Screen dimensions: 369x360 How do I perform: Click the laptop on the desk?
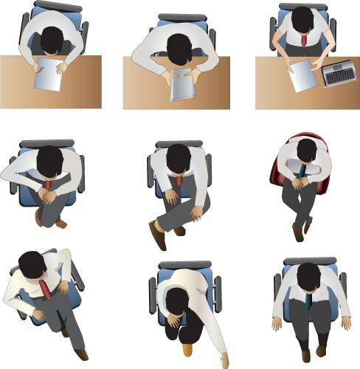pyautogui.click(x=338, y=74)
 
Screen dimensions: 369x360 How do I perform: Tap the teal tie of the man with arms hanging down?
pyautogui.click(x=308, y=300)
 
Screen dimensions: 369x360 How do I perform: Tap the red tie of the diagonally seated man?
pyautogui.click(x=45, y=289)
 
